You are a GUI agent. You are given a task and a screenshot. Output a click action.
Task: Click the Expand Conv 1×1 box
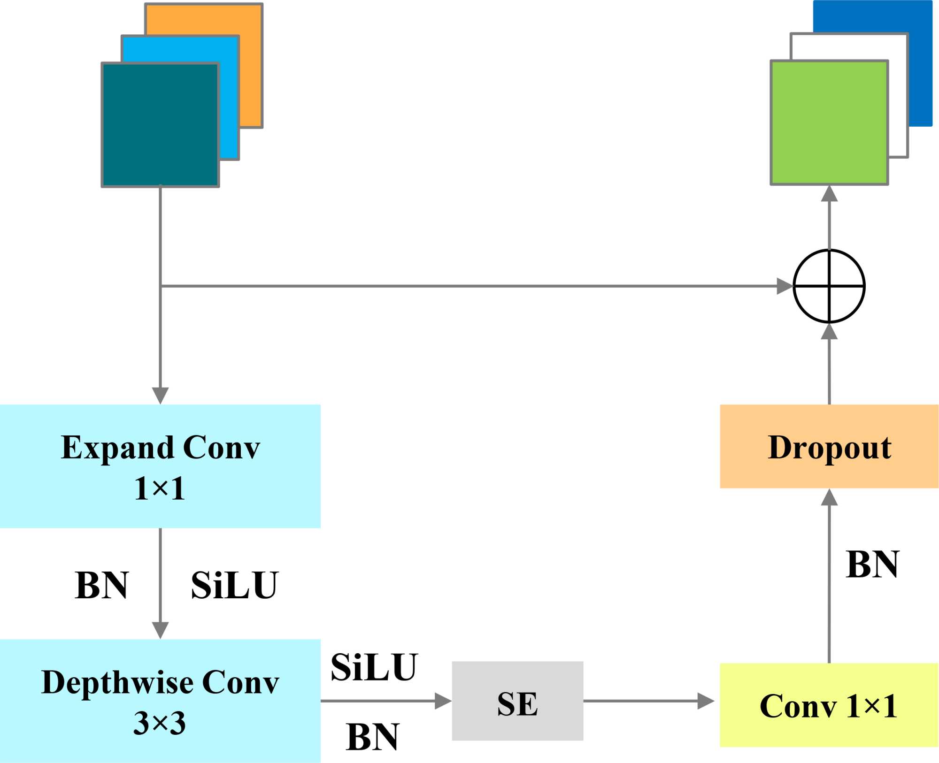(160, 466)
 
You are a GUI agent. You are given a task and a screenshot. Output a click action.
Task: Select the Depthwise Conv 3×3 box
(160, 701)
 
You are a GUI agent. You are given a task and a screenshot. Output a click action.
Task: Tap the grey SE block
(517, 701)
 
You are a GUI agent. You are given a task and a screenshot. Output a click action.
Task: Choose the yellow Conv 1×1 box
(829, 705)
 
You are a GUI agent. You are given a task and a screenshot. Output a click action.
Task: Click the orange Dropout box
(829, 446)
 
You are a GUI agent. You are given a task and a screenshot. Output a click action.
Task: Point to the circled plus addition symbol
(829, 286)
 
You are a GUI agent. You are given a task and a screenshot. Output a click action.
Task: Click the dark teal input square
(160, 125)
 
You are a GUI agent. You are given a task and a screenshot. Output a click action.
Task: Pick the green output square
(829, 122)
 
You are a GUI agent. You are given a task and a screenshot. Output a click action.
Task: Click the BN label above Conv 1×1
(872, 565)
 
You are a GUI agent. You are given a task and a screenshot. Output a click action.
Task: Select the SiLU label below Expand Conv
(234, 586)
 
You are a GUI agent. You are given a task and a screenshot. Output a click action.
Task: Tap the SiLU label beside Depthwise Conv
(374, 667)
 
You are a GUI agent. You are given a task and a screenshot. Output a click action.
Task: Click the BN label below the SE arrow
(372, 737)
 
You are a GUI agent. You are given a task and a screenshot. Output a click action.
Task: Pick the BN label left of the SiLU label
(101, 586)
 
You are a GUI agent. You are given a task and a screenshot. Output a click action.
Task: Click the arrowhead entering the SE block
(443, 701)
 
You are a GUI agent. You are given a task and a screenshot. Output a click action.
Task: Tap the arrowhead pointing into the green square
(829, 193)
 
